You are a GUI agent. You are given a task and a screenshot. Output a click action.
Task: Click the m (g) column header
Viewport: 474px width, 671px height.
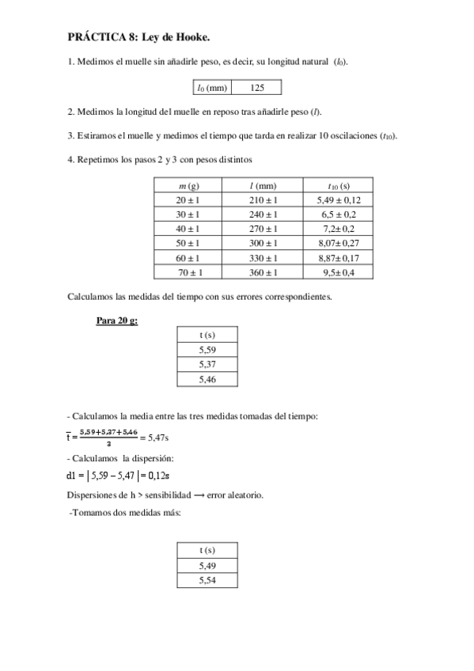(x=188, y=185)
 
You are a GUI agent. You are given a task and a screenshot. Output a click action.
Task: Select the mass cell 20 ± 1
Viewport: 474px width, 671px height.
(x=188, y=200)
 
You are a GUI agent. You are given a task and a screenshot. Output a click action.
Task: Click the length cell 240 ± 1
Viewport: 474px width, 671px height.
(x=264, y=214)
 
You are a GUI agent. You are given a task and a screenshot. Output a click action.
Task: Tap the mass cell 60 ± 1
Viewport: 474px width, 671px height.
(x=188, y=258)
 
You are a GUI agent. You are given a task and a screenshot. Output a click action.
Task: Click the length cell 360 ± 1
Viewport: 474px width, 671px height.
(x=264, y=273)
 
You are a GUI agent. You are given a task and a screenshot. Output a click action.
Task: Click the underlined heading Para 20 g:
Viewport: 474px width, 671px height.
(x=116, y=321)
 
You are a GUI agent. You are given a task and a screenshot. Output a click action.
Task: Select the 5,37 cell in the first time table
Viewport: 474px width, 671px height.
(x=207, y=364)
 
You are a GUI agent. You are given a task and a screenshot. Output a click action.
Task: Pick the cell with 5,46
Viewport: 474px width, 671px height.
(x=207, y=380)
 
